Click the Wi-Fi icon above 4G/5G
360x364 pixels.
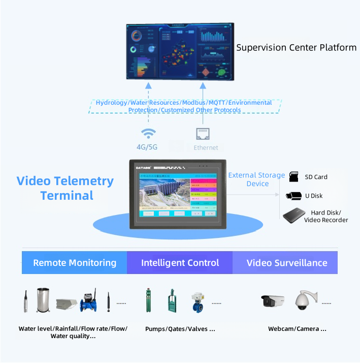coord(148,134)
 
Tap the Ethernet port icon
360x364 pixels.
coord(203,134)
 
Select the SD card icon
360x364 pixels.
coord(293,177)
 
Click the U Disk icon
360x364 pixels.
coord(293,196)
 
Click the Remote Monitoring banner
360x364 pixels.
coord(75,263)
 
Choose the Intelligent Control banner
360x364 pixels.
coord(180,263)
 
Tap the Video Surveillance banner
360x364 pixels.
coord(286,263)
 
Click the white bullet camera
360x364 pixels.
coord(272,301)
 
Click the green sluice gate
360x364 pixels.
coord(171,303)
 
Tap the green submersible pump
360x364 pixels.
coord(148,301)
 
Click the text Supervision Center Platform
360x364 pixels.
coord(297,48)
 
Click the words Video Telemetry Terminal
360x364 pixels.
coord(66,188)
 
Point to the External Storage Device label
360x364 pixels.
coord(256,179)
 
